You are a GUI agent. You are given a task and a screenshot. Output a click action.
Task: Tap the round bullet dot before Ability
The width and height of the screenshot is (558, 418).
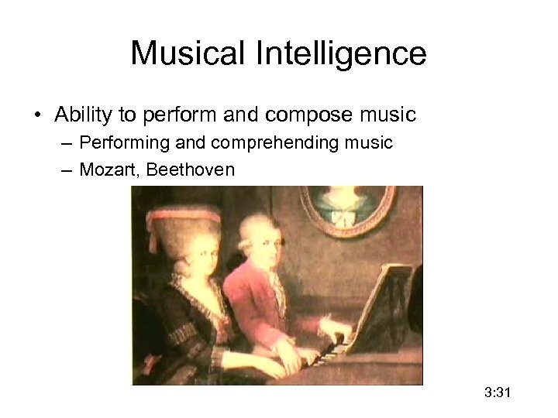point(38,116)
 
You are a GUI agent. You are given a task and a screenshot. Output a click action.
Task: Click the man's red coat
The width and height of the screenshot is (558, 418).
point(252,310)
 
